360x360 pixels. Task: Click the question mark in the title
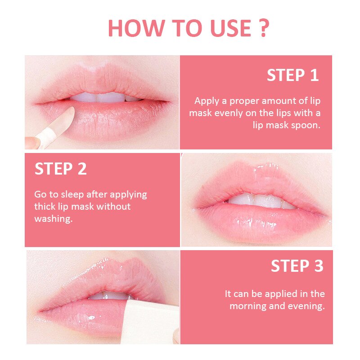[x=264, y=28]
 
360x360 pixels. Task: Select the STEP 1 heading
[x=292, y=75]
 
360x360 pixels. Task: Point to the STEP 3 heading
[x=297, y=266]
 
